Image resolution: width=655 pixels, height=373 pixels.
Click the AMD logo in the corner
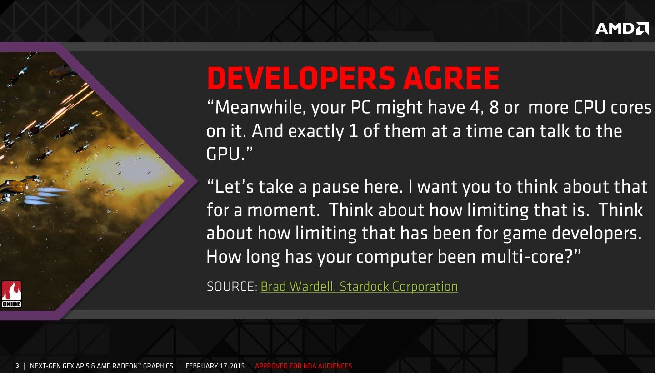(622, 28)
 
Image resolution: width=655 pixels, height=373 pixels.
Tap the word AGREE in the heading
(451, 78)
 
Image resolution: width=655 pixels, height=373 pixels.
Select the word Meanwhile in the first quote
(260, 107)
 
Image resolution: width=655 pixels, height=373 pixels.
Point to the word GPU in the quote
(223, 154)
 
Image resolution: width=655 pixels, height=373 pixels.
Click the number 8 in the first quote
(494, 107)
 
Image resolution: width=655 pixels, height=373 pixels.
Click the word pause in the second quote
(335, 188)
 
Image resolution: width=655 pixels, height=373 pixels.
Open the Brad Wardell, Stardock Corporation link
(359, 287)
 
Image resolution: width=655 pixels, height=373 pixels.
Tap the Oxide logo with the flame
(11, 294)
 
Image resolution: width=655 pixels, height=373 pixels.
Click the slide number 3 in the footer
(17, 366)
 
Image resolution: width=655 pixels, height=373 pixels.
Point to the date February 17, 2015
(215, 366)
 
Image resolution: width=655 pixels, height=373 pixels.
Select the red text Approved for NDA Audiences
(304, 366)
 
